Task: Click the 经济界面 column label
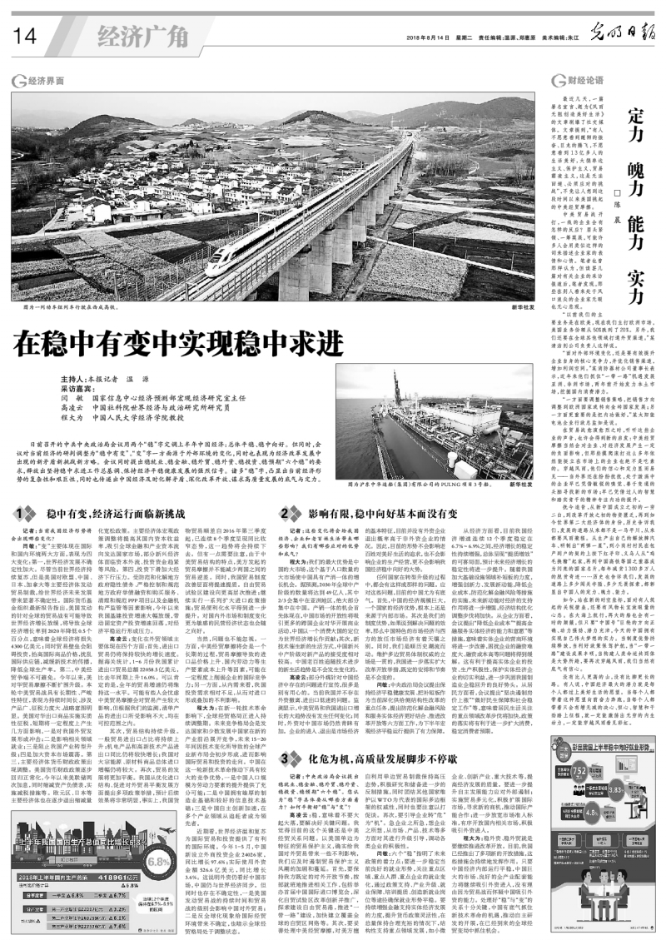45,81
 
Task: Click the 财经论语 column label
569,81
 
